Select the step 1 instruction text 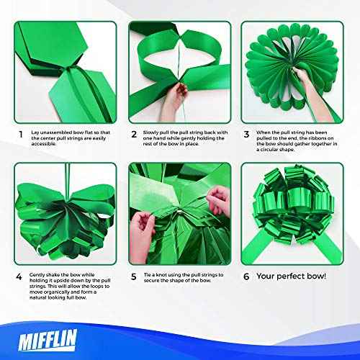pyautogui.click(x=69, y=139)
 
